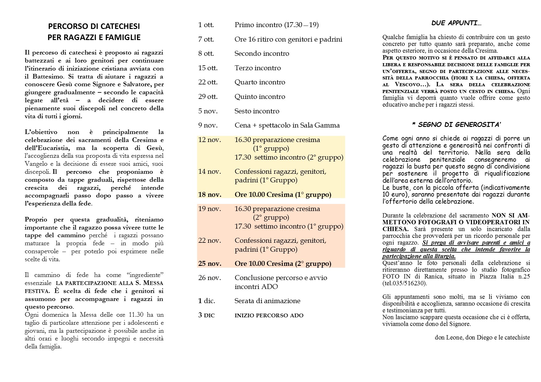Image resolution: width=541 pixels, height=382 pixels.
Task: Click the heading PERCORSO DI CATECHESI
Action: pos(94,26)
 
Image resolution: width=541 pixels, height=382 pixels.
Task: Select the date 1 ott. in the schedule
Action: pos(206,25)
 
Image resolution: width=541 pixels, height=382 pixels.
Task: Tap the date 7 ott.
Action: pos(206,39)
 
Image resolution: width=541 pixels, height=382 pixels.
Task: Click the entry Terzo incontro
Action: pos(258,68)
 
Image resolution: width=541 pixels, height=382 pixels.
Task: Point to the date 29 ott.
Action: pos(208,97)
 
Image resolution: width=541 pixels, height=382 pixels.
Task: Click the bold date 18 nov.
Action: pos(210,195)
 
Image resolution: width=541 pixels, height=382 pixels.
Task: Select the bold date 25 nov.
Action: pos(210,264)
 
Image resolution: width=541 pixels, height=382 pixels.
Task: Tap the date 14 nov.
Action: pos(210,172)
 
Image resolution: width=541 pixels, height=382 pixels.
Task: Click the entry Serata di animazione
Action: pos(267,301)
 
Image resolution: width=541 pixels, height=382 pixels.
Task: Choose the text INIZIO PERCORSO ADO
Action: pos(269,315)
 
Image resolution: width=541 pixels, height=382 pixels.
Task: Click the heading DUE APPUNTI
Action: pos(456,23)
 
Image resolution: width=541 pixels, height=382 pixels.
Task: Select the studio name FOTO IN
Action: pos(394,276)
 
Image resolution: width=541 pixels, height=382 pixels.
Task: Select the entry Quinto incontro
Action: pos(260,97)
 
